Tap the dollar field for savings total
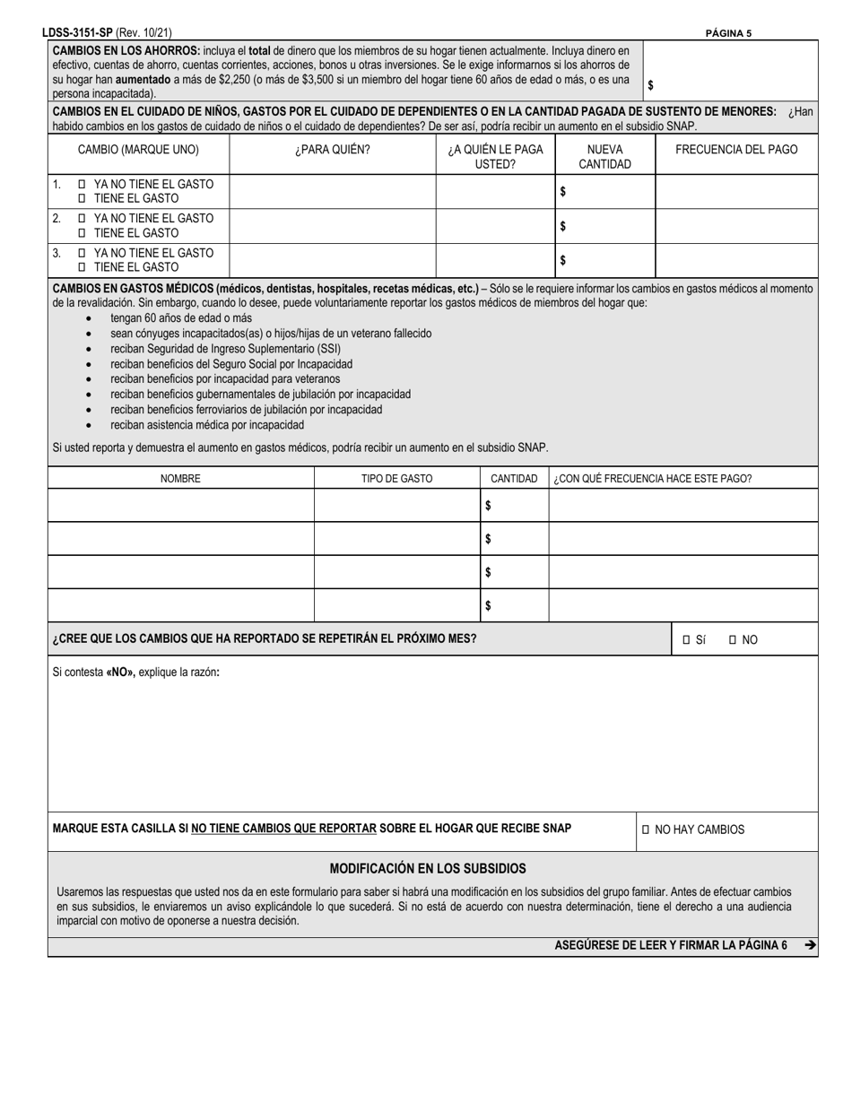point(731,85)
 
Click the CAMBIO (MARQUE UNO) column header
point(139,150)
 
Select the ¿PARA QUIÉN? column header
point(333,150)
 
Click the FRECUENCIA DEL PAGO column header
point(736,150)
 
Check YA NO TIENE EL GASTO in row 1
point(83,184)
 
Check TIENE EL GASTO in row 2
point(83,233)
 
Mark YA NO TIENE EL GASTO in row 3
point(83,253)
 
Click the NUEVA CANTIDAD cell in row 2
point(605,226)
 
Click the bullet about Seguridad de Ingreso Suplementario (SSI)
point(225,349)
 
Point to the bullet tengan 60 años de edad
point(180,318)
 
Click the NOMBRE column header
point(180,479)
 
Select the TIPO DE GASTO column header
point(396,479)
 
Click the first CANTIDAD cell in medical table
point(515,506)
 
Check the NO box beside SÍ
point(733,640)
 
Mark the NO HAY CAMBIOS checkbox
point(645,830)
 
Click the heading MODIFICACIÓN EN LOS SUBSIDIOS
point(428,868)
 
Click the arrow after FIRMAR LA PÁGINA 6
point(810,944)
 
